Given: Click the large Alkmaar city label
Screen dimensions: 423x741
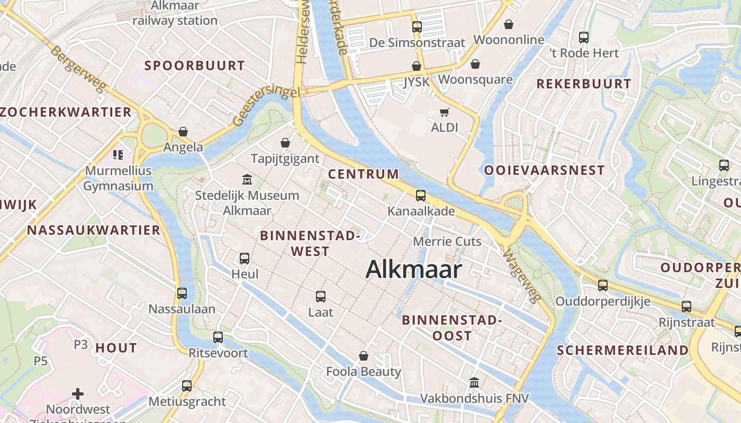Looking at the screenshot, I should [x=413, y=269].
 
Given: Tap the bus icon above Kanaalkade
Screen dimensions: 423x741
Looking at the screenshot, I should [x=421, y=196].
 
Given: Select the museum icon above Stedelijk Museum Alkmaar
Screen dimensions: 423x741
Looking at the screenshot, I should [x=247, y=180].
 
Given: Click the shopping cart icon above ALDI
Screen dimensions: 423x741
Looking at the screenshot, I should [x=445, y=112].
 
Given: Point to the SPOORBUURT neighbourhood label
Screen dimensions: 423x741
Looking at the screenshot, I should [x=195, y=66].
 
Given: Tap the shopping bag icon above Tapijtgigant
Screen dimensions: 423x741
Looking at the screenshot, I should [x=285, y=143].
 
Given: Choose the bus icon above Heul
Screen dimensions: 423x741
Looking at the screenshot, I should [x=245, y=258].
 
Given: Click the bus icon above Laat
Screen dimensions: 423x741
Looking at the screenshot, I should [x=321, y=297].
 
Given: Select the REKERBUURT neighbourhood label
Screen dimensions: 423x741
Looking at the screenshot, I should [x=584, y=84].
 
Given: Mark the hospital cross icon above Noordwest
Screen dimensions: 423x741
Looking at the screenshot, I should [x=78, y=393].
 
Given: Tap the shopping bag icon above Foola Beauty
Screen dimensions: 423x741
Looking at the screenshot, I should [x=364, y=356].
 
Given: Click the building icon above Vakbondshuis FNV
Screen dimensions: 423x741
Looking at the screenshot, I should [x=474, y=382].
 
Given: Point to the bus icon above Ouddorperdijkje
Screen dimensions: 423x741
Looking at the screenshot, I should [x=603, y=286].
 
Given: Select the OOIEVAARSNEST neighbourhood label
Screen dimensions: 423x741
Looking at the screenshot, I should [x=544, y=170].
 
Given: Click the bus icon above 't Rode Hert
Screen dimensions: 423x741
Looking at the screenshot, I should [x=584, y=38].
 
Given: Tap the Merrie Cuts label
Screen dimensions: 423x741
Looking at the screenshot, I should [x=447, y=242].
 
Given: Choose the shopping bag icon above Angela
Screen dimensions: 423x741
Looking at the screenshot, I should [x=183, y=131].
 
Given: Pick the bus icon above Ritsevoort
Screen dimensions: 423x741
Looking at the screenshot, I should [x=218, y=337].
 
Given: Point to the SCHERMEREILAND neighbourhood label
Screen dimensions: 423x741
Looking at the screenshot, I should [x=622, y=351].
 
